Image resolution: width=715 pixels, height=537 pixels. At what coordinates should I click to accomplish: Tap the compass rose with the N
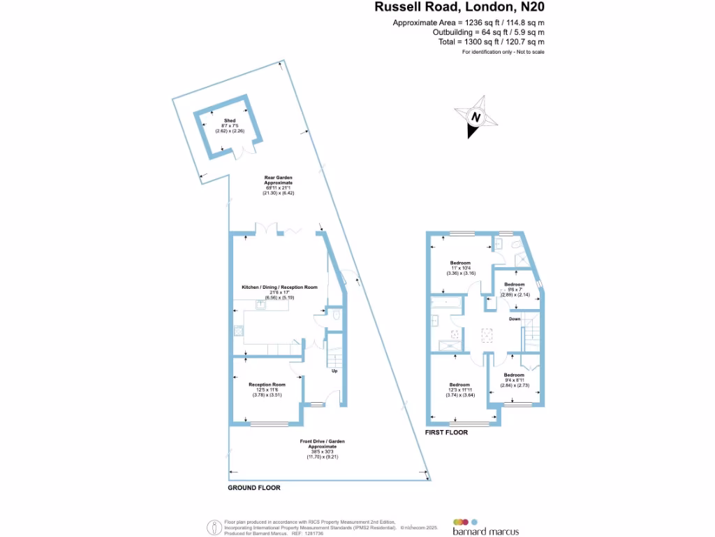click(476, 119)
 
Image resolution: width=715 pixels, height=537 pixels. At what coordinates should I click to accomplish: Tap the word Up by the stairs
click(334, 371)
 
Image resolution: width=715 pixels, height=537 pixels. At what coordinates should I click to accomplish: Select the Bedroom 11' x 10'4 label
click(460, 268)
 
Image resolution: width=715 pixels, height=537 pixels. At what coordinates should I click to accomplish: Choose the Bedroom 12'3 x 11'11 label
click(459, 389)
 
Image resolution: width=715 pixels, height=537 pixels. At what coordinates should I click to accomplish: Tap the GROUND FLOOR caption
click(254, 488)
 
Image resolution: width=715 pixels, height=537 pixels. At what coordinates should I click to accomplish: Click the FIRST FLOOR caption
click(446, 433)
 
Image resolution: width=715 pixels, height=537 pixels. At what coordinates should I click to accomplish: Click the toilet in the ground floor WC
click(335, 317)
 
